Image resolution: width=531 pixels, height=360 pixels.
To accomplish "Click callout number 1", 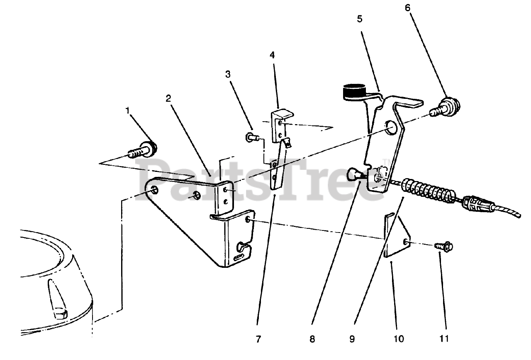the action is [x=128, y=110].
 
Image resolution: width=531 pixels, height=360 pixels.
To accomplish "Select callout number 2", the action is [x=168, y=98].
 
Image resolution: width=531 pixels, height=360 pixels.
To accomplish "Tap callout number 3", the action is [x=228, y=74].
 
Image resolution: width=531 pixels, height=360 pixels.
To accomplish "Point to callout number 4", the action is [x=272, y=55].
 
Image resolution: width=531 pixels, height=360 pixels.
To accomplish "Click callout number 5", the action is [x=359, y=19].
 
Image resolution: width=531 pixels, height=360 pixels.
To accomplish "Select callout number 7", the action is [x=258, y=339].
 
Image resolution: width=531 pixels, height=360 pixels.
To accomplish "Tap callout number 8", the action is [x=312, y=339].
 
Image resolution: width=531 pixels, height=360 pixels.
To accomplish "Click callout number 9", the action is [x=352, y=339].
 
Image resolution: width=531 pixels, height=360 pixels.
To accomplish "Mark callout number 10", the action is [x=398, y=339].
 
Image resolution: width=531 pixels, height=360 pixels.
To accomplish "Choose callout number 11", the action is [x=444, y=339].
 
